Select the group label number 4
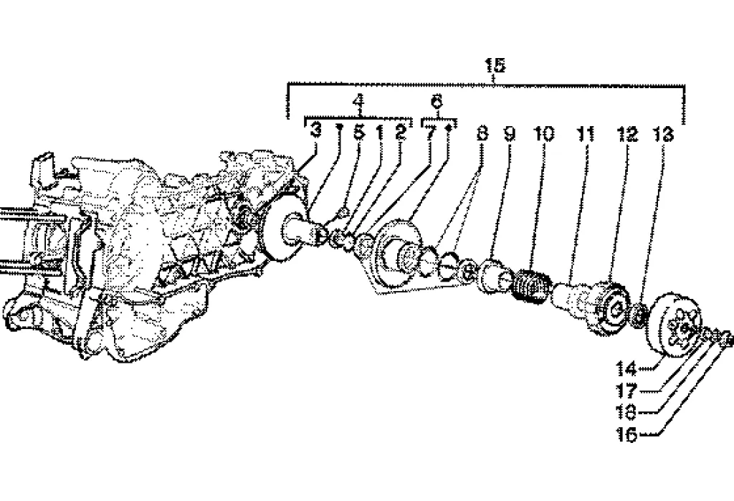coord(358,102)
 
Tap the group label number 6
coord(437,102)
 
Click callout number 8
coord(482,133)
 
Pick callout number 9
coord(508,133)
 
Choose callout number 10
coord(544,133)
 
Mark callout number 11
coord(586,133)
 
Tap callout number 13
coord(664,133)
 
